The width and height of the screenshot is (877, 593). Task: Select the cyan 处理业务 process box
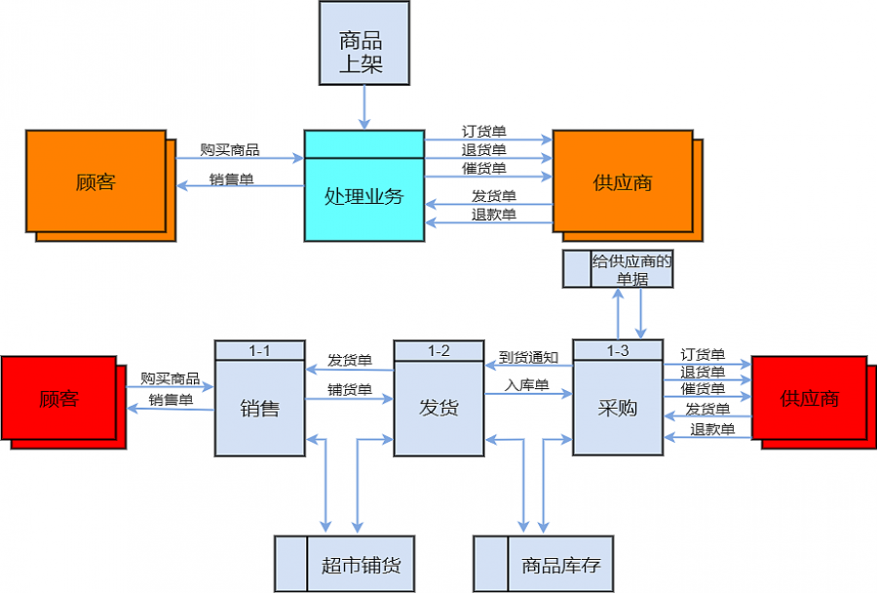(363, 196)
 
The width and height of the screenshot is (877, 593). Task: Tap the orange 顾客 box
(95, 181)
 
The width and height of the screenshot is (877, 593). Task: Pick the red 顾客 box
(58, 399)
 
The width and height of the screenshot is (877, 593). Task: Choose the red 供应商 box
(809, 399)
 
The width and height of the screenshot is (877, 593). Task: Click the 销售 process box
(259, 408)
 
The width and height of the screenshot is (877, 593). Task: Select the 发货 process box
(438, 408)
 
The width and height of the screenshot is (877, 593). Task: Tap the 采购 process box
(618, 408)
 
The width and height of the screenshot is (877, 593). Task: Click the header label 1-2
(438, 350)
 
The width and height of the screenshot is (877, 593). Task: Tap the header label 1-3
(618, 349)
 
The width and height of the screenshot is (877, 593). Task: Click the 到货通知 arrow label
(528, 357)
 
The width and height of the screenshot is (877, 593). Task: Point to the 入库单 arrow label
(527, 385)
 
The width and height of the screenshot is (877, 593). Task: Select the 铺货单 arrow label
(350, 389)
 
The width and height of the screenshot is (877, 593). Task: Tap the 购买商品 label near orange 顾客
(230, 149)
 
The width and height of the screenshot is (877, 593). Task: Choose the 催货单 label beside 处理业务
(484, 168)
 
